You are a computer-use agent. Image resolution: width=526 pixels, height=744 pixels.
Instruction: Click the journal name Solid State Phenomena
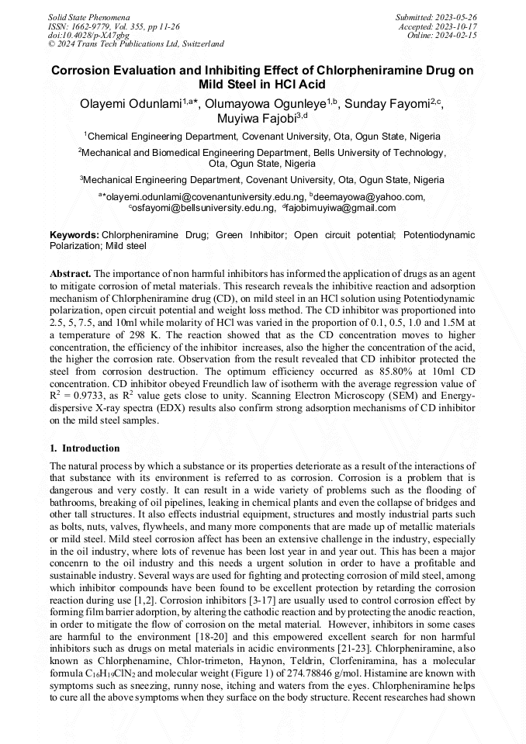(89, 16)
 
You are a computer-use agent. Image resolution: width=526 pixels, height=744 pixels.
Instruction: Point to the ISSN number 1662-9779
(95, 26)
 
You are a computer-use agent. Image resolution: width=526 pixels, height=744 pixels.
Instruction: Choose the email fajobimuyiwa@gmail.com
(341, 208)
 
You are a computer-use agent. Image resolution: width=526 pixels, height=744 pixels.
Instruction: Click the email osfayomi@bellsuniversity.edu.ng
(203, 208)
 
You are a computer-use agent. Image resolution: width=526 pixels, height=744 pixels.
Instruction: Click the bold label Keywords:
(74, 234)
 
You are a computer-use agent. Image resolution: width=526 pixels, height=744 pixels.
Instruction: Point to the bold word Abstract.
(71, 275)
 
